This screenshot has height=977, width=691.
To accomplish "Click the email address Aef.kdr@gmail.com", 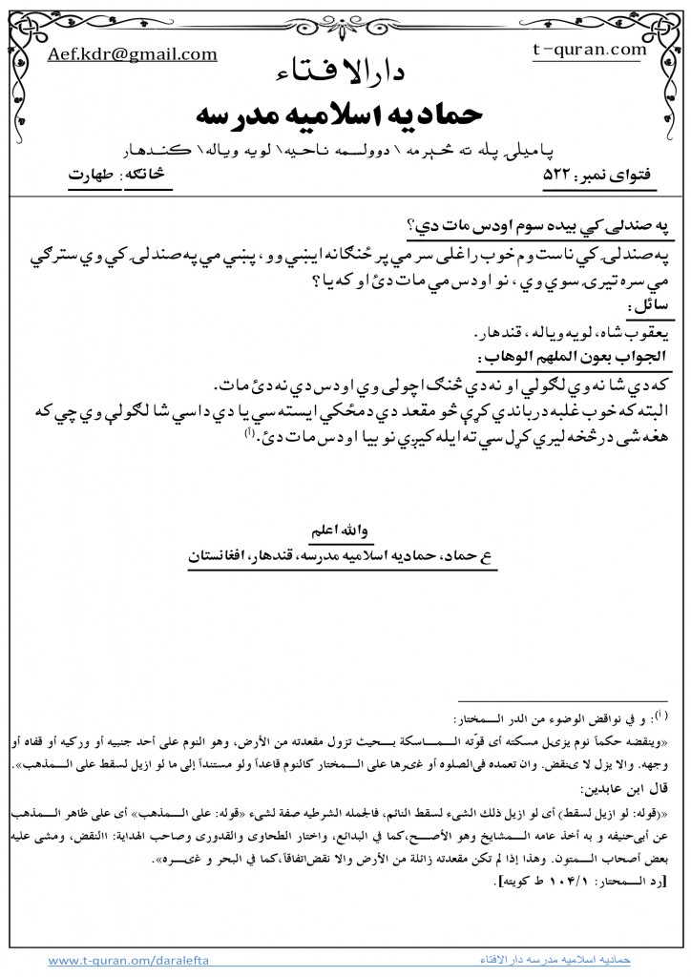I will click(133, 54).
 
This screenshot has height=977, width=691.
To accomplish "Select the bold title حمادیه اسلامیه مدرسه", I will click(344, 114).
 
